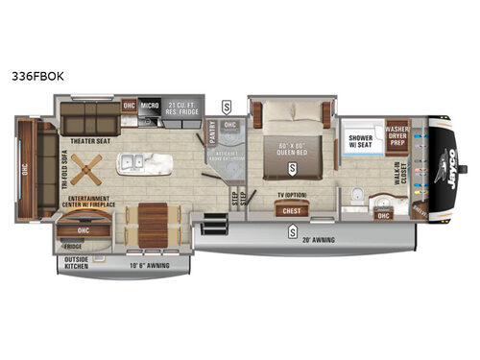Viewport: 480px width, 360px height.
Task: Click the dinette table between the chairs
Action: click(150, 220)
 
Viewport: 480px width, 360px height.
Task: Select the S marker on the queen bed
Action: click(289, 168)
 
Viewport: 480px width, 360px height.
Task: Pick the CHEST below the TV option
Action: click(291, 211)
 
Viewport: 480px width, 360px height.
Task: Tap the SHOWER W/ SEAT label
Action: click(361, 141)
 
